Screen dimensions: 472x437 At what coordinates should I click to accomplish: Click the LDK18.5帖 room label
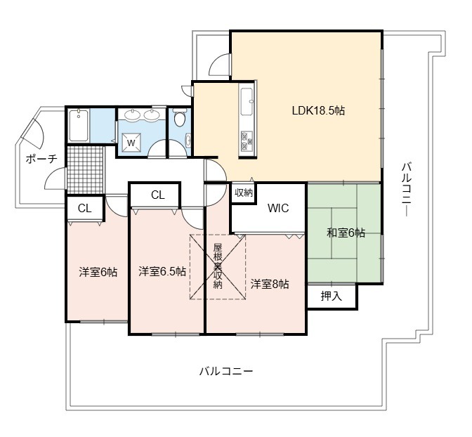coord(318,111)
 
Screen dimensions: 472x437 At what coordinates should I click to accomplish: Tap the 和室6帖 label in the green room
coord(346,233)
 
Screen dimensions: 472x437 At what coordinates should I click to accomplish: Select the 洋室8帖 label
coord(270,284)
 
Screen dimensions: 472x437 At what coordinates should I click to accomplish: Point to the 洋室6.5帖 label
coord(162,271)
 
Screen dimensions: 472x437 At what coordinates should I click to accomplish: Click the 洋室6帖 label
coord(98,272)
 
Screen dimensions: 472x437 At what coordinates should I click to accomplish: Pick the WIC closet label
coord(278,208)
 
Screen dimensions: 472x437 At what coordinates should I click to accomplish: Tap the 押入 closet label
coord(331,296)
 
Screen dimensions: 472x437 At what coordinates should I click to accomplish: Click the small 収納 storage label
coord(244,193)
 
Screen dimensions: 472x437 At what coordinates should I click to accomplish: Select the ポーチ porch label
coord(41,159)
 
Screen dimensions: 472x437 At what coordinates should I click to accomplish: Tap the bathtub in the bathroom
coord(78,125)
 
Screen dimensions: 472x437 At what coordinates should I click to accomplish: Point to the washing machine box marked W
coord(131,142)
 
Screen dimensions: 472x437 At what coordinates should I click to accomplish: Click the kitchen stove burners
coord(247,141)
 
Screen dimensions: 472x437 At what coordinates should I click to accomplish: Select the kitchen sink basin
coord(247,101)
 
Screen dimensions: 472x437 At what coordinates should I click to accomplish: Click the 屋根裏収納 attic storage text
coord(218,266)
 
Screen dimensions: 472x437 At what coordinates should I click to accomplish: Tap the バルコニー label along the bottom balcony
coord(226,371)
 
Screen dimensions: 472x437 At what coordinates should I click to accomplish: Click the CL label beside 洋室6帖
coord(84,209)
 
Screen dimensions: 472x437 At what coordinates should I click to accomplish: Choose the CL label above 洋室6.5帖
coord(158,195)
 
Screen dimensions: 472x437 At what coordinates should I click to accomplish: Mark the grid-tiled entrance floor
coord(85,169)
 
